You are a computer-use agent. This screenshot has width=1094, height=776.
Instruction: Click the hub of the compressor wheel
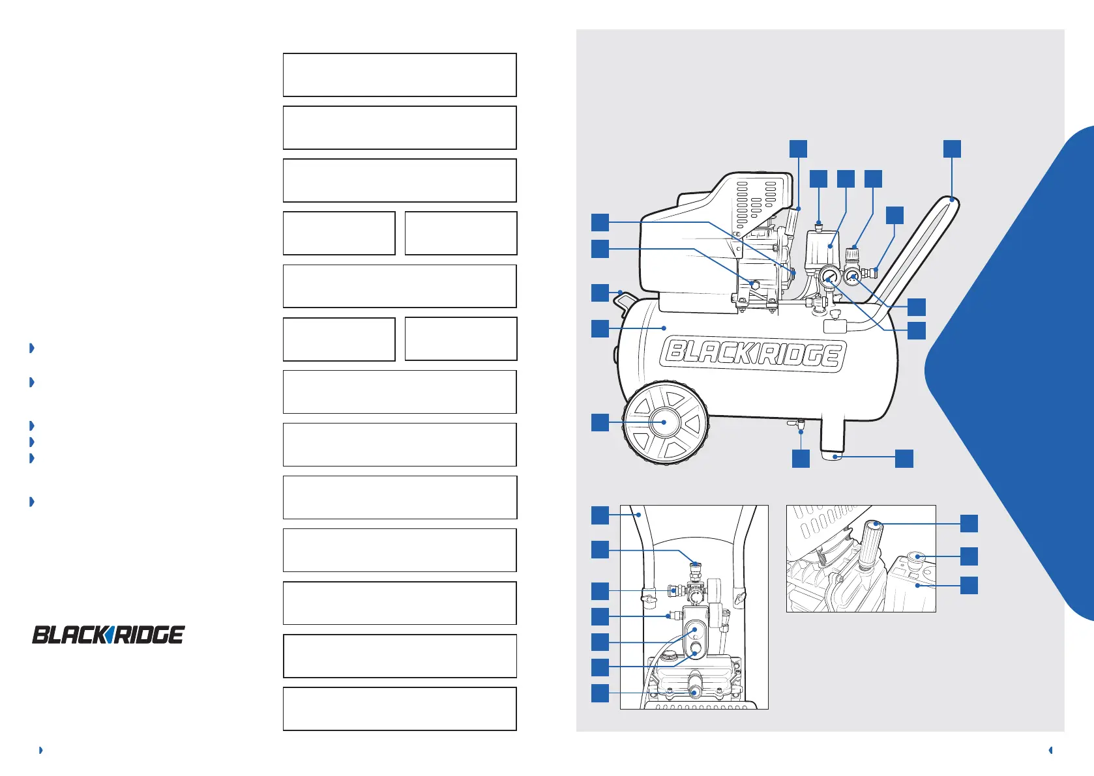coord(664,422)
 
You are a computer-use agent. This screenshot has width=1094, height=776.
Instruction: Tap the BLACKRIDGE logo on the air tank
coord(753,354)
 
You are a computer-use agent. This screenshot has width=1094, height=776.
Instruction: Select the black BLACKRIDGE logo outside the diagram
coord(108,634)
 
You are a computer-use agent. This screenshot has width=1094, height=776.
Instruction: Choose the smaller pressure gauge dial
coord(852,278)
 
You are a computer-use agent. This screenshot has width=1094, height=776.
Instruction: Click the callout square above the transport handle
coord(952,149)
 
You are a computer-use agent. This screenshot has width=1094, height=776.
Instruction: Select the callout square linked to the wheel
coord(600,422)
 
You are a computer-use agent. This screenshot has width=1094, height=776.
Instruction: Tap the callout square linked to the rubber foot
coord(904,458)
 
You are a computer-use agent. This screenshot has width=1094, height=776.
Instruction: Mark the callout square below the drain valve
coord(801,458)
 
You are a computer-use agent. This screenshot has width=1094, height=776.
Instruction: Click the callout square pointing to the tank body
coord(600,328)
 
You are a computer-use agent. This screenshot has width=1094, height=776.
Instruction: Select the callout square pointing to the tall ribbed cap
coord(969,523)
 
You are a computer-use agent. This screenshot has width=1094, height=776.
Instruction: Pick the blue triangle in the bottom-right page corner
coord(1050,750)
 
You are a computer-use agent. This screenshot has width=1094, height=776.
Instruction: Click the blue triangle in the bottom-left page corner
coord(40,750)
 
